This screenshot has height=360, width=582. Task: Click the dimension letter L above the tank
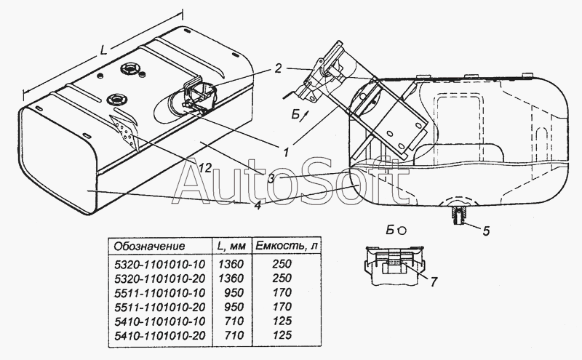click(105, 52)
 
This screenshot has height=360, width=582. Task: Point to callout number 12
click(205, 168)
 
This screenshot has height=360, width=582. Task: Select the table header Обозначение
click(151, 246)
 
